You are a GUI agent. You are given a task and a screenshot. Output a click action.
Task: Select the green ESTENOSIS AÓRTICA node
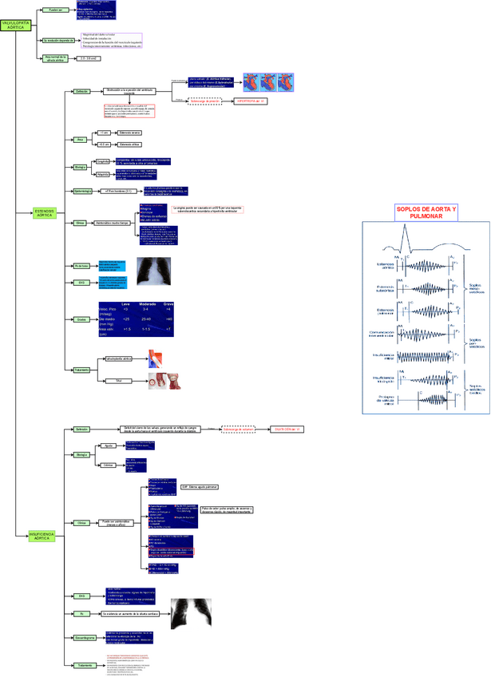44,213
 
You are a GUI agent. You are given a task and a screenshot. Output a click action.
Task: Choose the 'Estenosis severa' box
129,133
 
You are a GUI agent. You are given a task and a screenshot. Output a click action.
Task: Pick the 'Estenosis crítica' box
129,145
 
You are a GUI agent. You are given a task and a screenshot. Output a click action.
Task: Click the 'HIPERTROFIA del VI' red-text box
251,102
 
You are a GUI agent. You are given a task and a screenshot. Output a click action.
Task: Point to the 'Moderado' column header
147,304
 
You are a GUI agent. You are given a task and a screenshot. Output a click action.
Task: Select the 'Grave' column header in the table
168,304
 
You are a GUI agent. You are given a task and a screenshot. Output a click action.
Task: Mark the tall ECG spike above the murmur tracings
406,236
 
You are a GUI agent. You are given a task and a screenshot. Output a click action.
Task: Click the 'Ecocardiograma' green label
85,638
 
